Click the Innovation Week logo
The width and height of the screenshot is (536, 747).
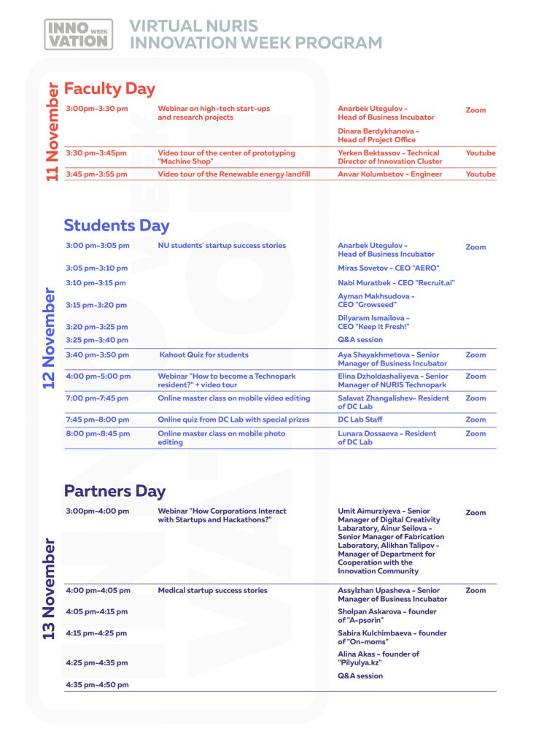tap(79, 34)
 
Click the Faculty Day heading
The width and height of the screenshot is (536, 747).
tap(109, 88)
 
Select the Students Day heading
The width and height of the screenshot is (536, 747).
tap(117, 225)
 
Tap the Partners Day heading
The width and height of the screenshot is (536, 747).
tap(114, 491)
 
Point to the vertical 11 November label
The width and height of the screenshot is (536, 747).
tap(53, 132)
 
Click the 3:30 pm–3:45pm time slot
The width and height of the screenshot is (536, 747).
tap(96, 153)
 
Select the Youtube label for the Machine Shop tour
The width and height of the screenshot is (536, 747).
tap(480, 153)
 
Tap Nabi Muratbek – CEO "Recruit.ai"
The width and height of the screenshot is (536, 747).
tap(396, 282)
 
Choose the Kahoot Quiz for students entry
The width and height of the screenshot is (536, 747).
tap(203, 355)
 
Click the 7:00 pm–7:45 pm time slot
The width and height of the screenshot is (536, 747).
tap(97, 398)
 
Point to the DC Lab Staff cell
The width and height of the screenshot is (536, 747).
tap(360, 419)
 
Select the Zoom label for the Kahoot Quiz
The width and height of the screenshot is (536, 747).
tap(475, 355)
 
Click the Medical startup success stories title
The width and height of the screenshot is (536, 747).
tap(212, 590)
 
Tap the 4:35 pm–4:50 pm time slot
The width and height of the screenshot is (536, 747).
tap(97, 685)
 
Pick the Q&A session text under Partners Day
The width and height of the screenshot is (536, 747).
tap(360, 676)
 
